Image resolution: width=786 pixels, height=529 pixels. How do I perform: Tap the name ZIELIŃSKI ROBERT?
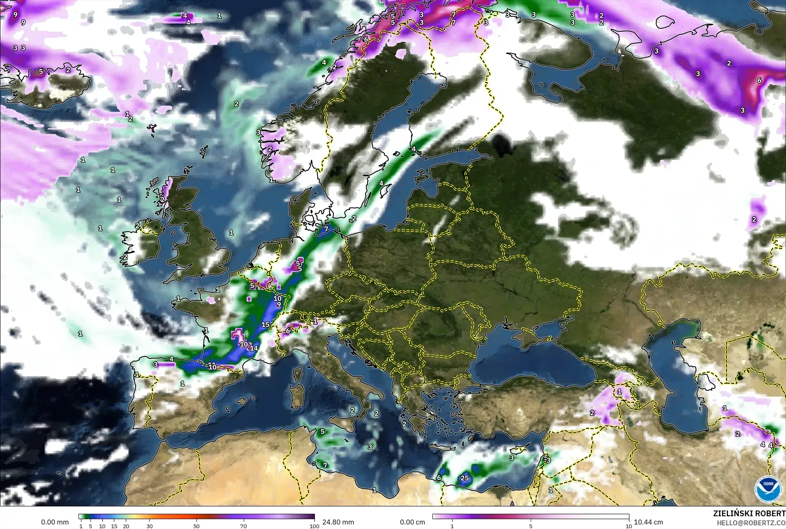tap(749, 514)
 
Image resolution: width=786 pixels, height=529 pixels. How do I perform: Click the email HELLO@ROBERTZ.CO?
tap(751, 523)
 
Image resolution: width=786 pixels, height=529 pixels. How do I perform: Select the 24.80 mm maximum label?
tap(338, 522)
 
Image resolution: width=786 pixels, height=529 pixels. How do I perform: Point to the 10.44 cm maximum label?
tap(648, 522)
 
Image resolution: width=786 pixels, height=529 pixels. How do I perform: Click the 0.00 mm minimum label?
tap(55, 522)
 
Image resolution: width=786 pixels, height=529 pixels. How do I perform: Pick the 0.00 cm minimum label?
tap(412, 522)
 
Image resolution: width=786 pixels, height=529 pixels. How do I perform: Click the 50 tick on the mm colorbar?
tap(196, 526)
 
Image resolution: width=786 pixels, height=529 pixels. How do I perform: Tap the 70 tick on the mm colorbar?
tap(243, 526)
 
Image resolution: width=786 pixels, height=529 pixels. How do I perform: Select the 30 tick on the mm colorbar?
tap(150, 526)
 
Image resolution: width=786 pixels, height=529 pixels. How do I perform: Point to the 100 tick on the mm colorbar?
tap(314, 526)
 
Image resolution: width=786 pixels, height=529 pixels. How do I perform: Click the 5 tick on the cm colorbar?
tap(531, 526)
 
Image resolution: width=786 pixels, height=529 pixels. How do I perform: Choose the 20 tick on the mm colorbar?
tap(126, 526)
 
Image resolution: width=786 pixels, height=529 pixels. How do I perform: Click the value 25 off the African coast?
tap(465, 478)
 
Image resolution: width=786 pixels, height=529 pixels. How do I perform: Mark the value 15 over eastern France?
tap(266, 325)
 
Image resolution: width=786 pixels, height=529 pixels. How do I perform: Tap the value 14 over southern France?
tap(254, 348)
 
